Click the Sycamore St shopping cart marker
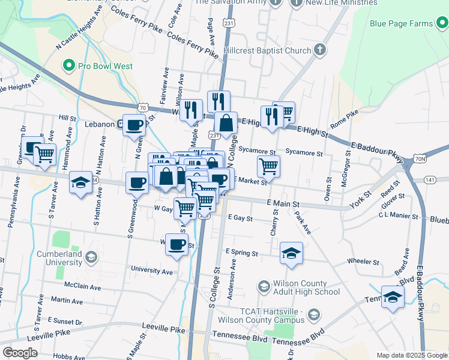pos(268,166)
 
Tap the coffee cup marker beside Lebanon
pos(134,125)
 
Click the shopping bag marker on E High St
pos(226,122)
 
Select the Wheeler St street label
pos(363,262)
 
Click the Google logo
pos(20,352)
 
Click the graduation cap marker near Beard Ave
pos(393,297)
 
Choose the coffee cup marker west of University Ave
pos(176,245)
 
